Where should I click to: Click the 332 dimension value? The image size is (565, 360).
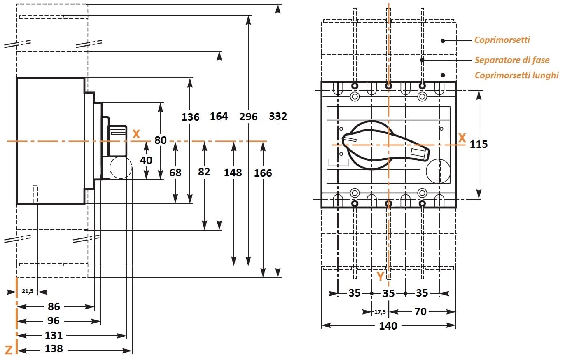click(x=278, y=117)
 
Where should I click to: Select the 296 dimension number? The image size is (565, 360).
click(x=248, y=117)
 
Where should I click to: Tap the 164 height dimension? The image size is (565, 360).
click(x=219, y=117)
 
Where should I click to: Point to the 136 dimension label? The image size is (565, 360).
click(x=190, y=117)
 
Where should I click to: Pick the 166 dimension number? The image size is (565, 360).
click(x=263, y=173)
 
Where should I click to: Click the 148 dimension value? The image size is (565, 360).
click(x=233, y=173)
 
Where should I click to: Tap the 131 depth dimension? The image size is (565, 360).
click(x=54, y=335)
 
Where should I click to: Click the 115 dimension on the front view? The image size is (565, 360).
click(x=479, y=145)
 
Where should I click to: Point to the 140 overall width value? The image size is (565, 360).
click(x=388, y=326)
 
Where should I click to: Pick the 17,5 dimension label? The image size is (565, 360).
click(x=380, y=312)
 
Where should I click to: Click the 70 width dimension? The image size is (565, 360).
click(x=420, y=312)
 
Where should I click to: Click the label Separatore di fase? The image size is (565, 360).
click(x=512, y=60)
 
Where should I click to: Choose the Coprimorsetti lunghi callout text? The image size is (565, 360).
click(x=516, y=75)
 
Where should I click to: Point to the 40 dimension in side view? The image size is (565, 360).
click(x=146, y=160)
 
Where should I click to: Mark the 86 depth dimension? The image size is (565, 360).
click(x=54, y=307)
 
